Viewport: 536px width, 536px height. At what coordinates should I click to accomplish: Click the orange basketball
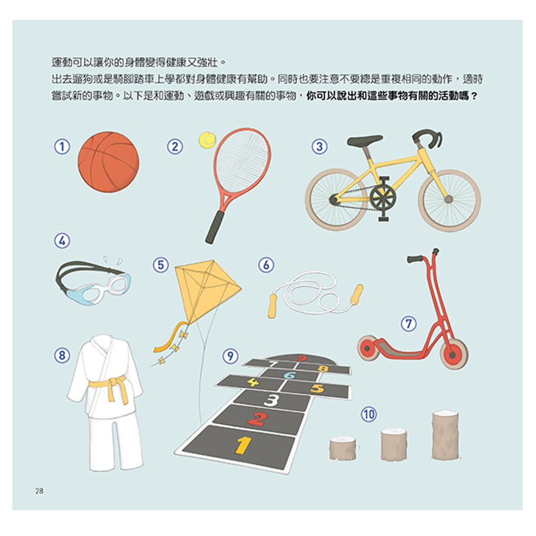pos(108,162)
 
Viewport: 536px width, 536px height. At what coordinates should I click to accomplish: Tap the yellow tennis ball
pos(206,140)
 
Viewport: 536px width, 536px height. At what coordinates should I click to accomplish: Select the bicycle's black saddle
pos(364,140)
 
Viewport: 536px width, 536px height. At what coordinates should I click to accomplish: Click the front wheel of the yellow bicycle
pos(449,199)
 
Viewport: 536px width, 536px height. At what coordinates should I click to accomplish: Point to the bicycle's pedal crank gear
pos(383,198)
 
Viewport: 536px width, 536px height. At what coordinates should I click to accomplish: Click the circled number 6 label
pos(266,265)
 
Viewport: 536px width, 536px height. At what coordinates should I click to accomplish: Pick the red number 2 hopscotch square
pos(258,418)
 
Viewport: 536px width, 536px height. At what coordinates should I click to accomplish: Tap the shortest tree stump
pos(343,448)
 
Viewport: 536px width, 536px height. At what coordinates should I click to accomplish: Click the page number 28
pos(39,491)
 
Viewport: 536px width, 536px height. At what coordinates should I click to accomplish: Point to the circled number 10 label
pos(369,414)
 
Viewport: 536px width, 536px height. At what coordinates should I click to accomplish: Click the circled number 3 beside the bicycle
pos(319,146)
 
